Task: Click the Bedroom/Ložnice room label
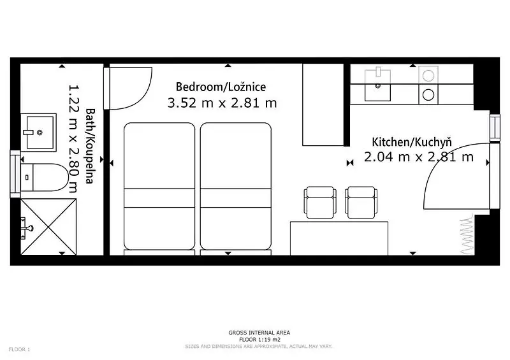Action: pos(221,87)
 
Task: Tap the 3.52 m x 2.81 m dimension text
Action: pos(222,103)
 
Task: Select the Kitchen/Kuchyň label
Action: pos(412,142)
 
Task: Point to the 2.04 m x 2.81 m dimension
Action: pos(419,157)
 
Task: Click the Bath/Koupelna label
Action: pos(90,146)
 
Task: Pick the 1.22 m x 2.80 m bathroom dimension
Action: pos(74,138)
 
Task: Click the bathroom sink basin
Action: pos(39,133)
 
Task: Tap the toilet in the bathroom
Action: pos(45,177)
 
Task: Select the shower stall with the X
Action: pos(48,227)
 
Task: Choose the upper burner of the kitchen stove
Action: pos(428,76)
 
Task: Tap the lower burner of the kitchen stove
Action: pos(428,95)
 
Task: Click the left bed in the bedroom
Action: pos(159,186)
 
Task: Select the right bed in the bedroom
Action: pos(236,186)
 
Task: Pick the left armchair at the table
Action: pos(320,202)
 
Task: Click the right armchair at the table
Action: pos(361,202)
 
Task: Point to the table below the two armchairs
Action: pos(339,238)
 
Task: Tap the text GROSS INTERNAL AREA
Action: pos(259,333)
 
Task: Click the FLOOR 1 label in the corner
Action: pos(19,350)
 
